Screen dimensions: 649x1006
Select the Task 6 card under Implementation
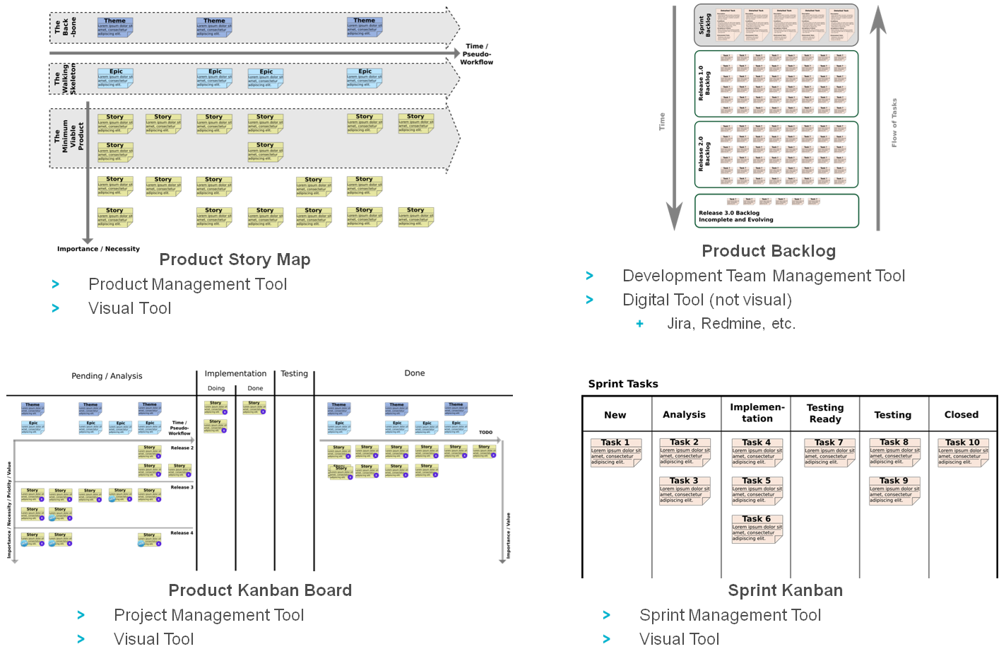point(757,529)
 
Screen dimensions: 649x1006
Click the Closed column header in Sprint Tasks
point(961,415)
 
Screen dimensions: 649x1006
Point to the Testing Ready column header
point(825,414)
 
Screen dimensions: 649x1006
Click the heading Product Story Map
point(235,259)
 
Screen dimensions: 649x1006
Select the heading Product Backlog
point(769,251)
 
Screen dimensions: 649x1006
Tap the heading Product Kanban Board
point(260,590)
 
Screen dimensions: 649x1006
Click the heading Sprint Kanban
point(785,590)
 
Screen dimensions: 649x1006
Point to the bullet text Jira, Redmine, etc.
point(731,324)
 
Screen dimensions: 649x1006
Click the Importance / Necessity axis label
point(98,249)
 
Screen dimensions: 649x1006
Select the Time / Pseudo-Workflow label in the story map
point(477,54)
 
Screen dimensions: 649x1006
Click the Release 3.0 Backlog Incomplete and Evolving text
point(736,216)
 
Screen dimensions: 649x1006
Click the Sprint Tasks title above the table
point(623,384)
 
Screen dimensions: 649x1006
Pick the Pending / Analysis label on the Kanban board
point(107,376)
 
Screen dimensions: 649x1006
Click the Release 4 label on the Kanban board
point(182,533)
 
